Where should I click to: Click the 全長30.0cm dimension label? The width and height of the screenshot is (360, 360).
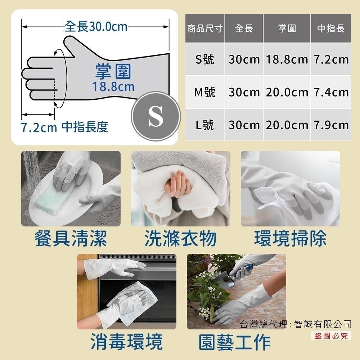tap(96, 26)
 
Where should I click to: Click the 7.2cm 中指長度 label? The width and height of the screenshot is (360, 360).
tap(64, 127)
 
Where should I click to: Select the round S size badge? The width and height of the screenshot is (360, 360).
tap(156, 116)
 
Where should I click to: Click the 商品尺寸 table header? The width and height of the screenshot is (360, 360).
tap(204, 28)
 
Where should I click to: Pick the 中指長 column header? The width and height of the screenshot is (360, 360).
tap(331, 28)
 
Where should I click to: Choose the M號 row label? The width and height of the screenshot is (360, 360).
tap(204, 92)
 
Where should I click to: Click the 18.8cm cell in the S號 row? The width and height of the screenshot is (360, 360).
tap(287, 59)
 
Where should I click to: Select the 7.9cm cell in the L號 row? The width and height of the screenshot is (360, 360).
tap(331, 125)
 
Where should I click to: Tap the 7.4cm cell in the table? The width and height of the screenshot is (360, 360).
tap(331, 92)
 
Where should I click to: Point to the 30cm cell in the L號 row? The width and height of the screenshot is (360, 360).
tap(244, 125)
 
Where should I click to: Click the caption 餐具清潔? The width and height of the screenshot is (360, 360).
tap(71, 239)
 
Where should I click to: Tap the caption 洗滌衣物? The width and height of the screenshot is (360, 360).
tap(180, 239)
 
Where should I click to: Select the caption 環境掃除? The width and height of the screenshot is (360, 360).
tap(291, 239)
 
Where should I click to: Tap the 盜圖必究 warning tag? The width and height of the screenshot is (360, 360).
tap(331, 336)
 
